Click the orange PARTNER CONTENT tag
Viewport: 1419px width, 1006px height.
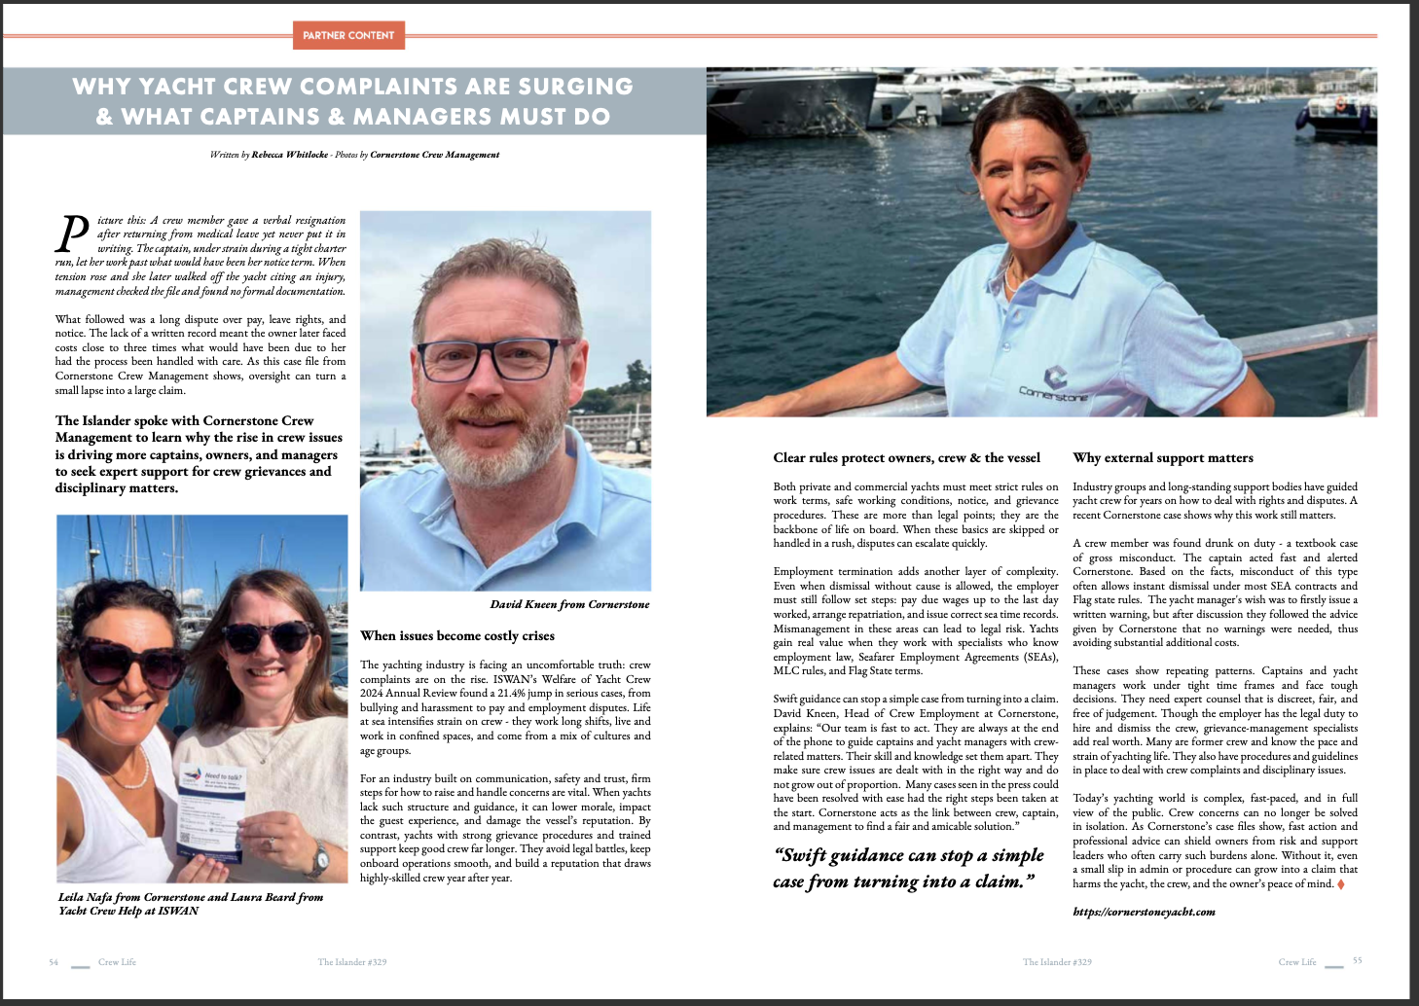tap(347, 35)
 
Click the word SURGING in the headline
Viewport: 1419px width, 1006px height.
tap(575, 87)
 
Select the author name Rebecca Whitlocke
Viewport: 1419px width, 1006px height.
tap(289, 155)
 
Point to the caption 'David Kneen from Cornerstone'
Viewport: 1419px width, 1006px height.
tap(569, 604)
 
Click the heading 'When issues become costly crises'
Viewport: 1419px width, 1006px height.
tap(457, 635)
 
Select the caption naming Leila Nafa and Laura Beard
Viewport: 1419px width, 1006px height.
tap(190, 904)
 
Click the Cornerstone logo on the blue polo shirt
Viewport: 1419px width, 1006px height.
tap(1055, 381)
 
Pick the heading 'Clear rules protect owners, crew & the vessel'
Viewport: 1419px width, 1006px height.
tap(906, 457)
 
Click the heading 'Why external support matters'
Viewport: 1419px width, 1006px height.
tap(1163, 457)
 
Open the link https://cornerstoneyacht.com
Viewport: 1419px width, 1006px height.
tap(1144, 912)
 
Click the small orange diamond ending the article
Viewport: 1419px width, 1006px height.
tap(1341, 883)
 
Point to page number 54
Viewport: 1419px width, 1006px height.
tap(54, 962)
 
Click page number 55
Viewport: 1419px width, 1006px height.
tap(1357, 961)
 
